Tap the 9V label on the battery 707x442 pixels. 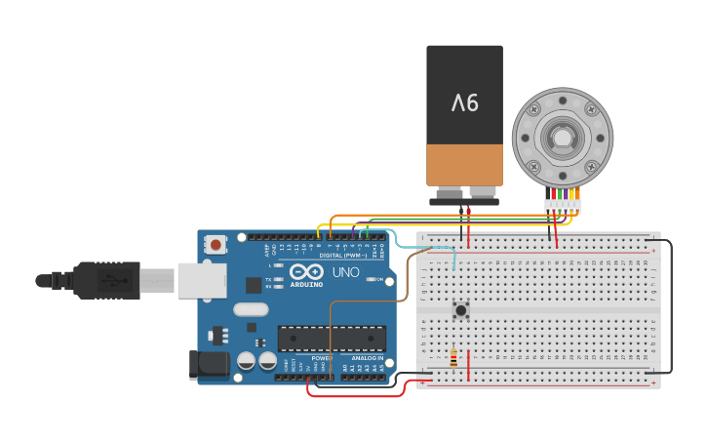(465, 100)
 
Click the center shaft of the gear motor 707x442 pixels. (563, 136)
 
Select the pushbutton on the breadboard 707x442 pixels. (461, 311)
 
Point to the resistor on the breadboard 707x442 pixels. (452, 359)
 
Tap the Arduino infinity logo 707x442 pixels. (305, 272)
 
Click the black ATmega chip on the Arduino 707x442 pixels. (332, 339)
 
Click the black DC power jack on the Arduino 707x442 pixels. (210, 364)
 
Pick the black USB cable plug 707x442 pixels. (107, 280)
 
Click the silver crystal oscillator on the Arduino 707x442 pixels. (250, 309)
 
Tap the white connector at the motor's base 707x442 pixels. (563, 206)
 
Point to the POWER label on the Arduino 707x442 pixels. (321, 357)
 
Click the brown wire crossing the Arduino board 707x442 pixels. (331, 332)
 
